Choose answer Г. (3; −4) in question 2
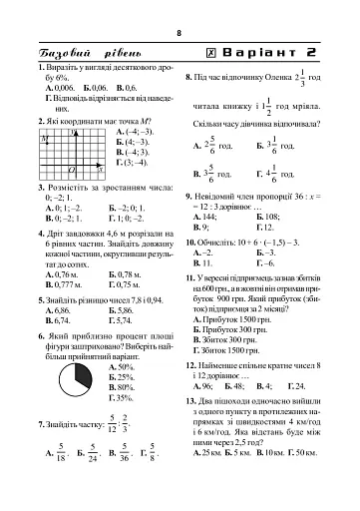(134, 162)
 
